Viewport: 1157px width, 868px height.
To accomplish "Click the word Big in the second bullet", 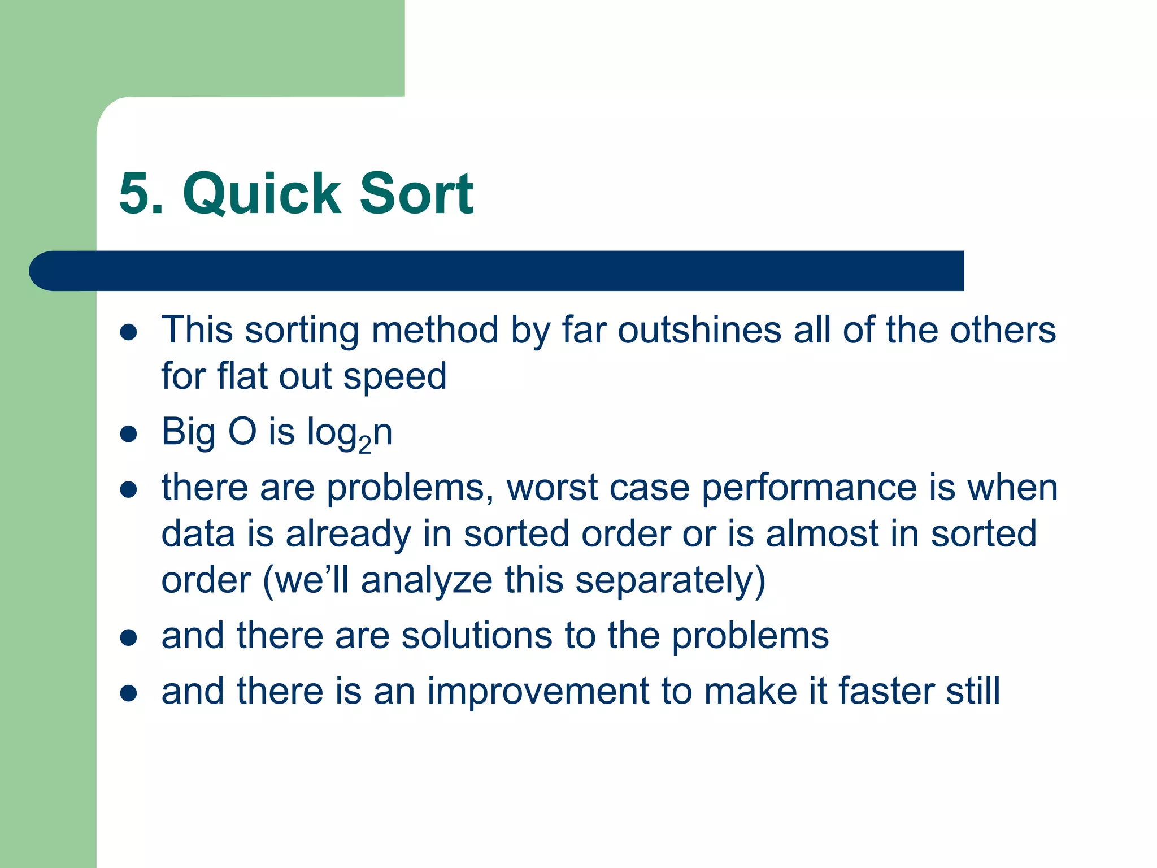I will pos(188,432).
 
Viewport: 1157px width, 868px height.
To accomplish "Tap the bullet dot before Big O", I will pos(129,434).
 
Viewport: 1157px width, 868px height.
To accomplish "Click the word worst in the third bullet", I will pos(551,488).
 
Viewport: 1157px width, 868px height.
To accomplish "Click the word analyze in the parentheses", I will pos(427,580).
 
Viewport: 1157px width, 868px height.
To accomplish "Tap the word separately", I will pos(670,580).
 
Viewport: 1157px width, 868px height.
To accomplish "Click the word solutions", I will pos(476,636).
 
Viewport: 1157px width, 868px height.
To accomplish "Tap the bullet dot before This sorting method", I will pos(129,332).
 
